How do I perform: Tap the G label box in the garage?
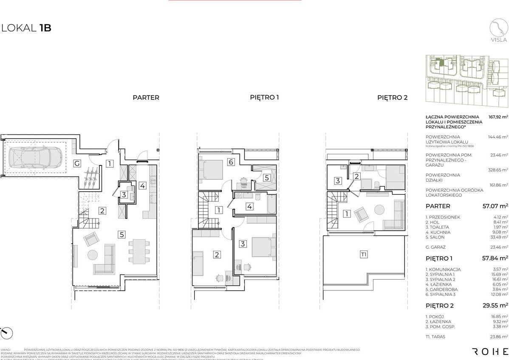pyautogui.click(x=77, y=163)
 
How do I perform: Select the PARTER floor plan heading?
pyautogui.click(x=146, y=97)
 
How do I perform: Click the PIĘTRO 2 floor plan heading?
pyautogui.click(x=392, y=97)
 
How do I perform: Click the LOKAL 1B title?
pyautogui.click(x=26, y=28)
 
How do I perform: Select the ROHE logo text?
pyautogui.click(x=490, y=339)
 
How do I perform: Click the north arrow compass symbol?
pyautogui.click(x=6, y=333)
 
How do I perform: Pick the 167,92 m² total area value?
pyautogui.click(x=498, y=117)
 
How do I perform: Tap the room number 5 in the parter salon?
pyautogui.click(x=122, y=233)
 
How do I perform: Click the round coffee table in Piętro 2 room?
pyautogui.click(x=379, y=210)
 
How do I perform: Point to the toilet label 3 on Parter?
pyautogui.click(x=124, y=195)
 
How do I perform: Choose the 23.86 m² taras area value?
pyautogui.click(x=498, y=337)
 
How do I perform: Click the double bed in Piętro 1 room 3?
pyautogui.click(x=263, y=247)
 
